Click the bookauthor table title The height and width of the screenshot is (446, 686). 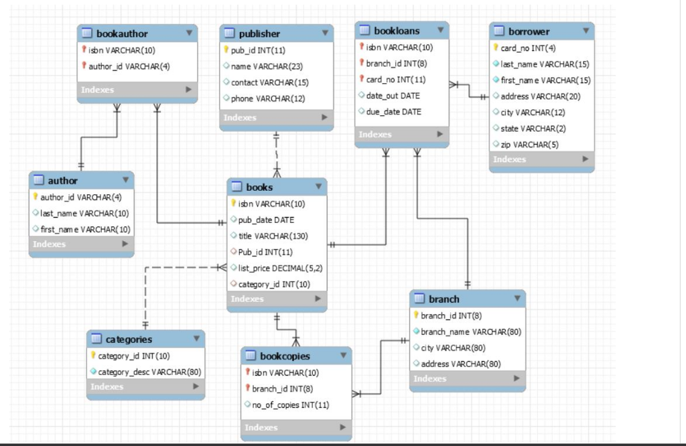(x=122, y=33)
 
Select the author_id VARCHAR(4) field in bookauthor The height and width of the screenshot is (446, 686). (x=129, y=66)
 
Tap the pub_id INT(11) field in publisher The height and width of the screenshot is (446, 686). (x=258, y=50)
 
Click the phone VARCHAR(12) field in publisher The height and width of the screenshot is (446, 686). (x=268, y=98)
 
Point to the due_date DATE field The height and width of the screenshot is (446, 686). (x=394, y=112)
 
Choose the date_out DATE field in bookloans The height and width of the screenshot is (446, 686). (x=393, y=96)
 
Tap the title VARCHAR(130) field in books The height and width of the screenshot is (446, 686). (x=273, y=236)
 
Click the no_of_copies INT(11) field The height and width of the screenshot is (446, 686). (x=290, y=404)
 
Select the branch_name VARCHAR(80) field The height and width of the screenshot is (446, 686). (x=470, y=331)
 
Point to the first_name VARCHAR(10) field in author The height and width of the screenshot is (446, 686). (x=85, y=229)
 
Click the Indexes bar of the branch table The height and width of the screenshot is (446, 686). (x=467, y=379)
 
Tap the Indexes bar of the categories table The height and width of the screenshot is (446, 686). (x=145, y=387)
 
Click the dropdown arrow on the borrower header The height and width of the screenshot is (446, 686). (x=585, y=31)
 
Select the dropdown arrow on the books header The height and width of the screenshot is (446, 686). (x=318, y=187)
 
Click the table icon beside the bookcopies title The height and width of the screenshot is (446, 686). (x=250, y=356)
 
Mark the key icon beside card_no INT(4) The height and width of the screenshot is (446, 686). (x=496, y=48)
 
